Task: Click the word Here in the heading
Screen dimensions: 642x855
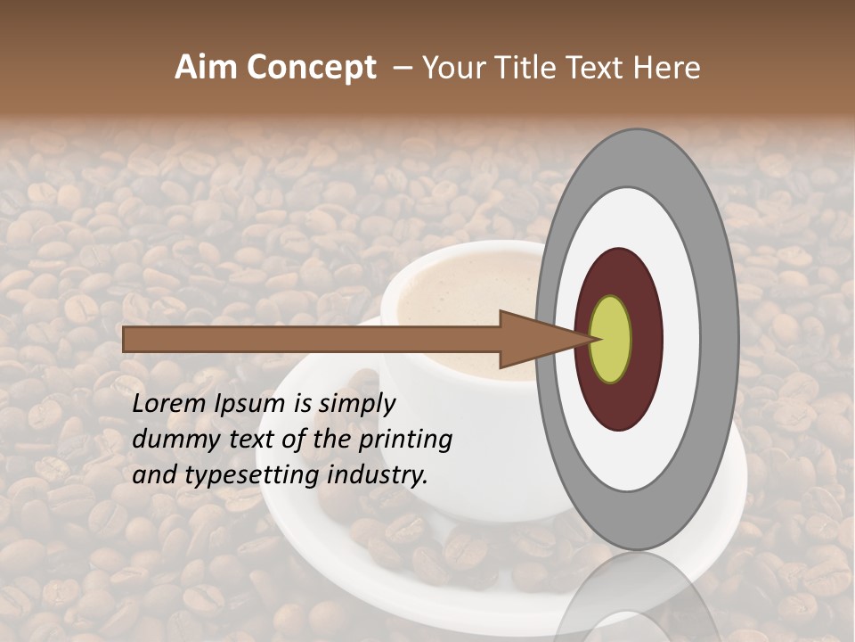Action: [666, 68]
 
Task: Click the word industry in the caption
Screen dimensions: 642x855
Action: [378, 474]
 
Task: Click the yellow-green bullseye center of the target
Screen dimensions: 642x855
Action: [610, 340]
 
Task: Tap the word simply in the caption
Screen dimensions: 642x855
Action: [356, 404]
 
